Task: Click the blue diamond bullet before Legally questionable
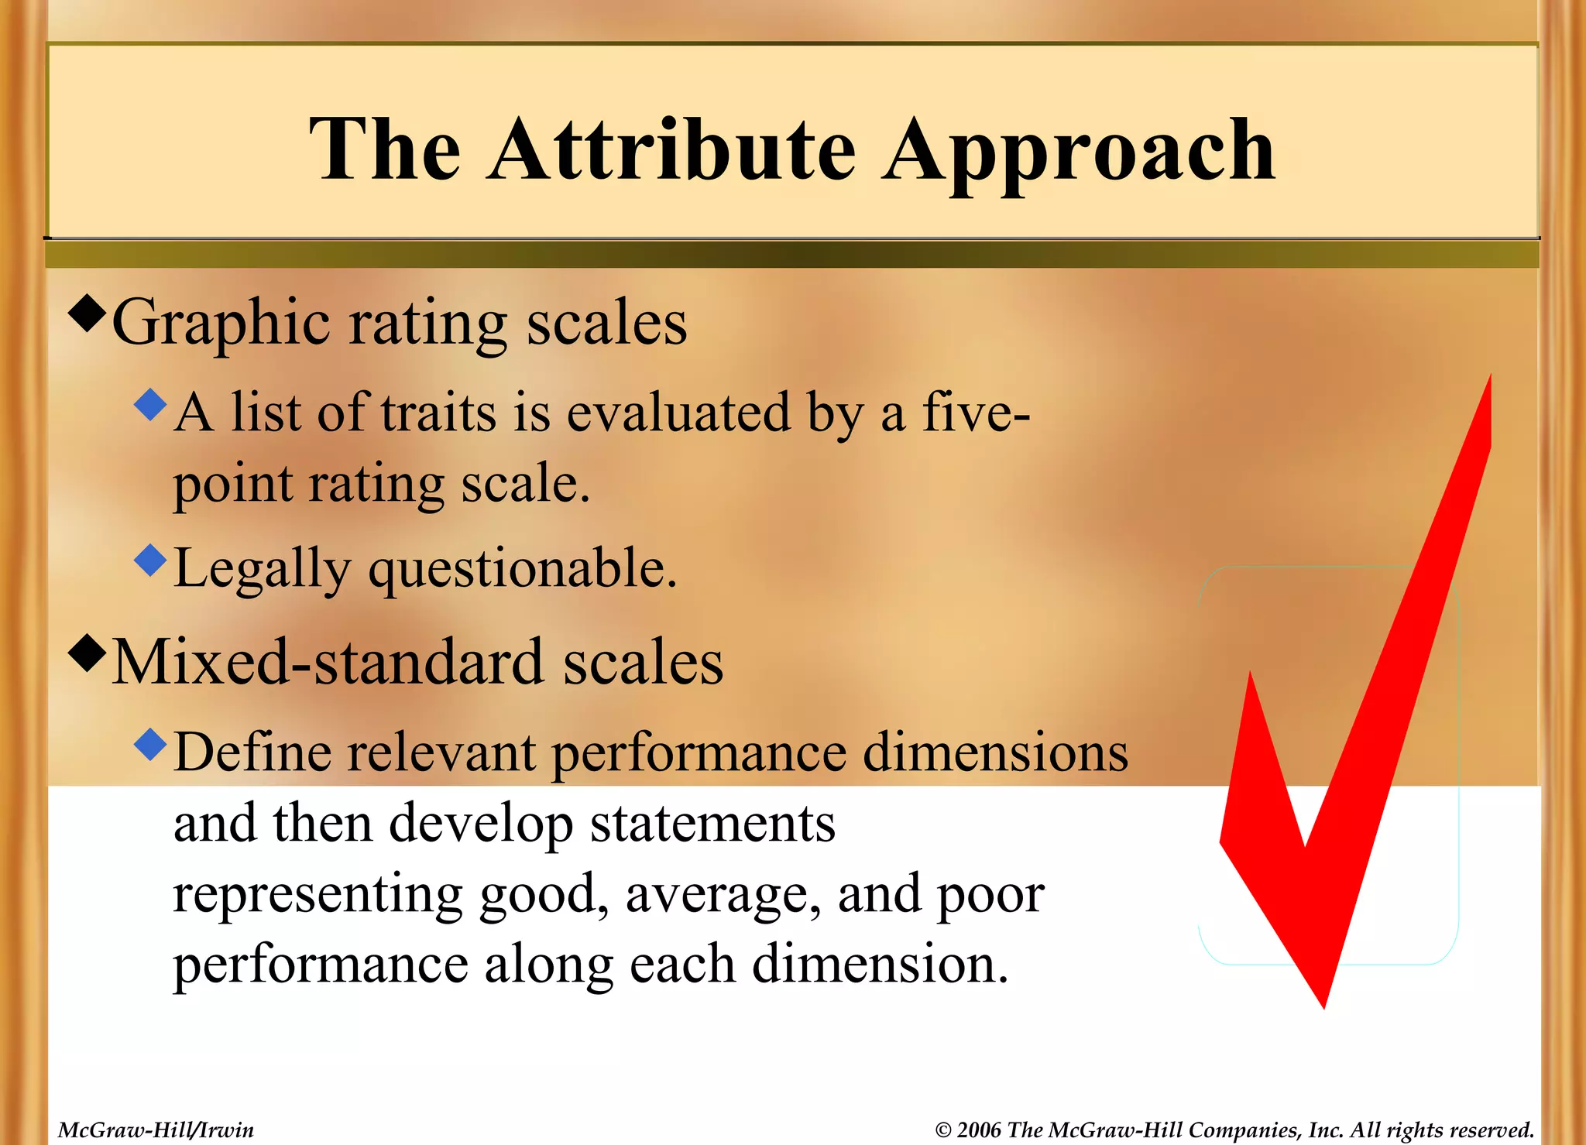[150, 560]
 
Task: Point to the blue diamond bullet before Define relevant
[150, 744]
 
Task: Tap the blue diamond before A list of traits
[150, 404]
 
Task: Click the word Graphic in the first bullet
[221, 324]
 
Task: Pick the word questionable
[523, 569]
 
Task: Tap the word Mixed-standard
[328, 663]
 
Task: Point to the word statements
[712, 823]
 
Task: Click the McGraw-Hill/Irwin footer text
[156, 1130]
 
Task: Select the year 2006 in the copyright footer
[979, 1130]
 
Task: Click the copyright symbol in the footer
[942, 1130]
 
